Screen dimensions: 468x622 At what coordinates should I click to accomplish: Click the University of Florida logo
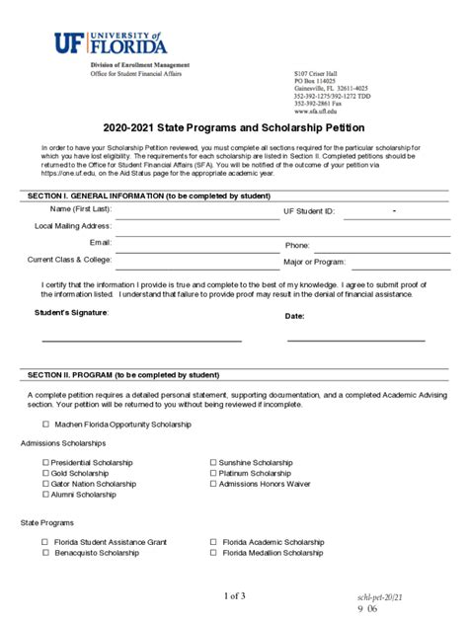coord(110,42)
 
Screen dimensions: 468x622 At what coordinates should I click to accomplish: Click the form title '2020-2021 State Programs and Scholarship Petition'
coord(233,128)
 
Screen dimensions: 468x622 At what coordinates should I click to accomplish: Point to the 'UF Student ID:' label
coord(309,211)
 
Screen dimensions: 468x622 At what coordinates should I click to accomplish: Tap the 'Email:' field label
coord(101,242)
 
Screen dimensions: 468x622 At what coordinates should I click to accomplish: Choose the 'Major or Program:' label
coord(314,263)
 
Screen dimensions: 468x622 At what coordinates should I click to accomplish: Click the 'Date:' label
coord(294,316)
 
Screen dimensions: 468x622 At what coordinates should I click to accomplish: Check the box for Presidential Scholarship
coord(44,462)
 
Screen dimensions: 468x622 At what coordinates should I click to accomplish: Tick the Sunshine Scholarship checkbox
coord(212,462)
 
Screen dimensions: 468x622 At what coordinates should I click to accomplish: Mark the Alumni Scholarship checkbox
coord(44,495)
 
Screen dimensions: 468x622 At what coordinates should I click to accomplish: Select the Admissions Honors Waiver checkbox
coord(212,484)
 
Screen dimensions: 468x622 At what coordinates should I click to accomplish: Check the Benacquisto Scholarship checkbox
coord(44,554)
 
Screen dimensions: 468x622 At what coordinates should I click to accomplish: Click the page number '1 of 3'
coord(234,595)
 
